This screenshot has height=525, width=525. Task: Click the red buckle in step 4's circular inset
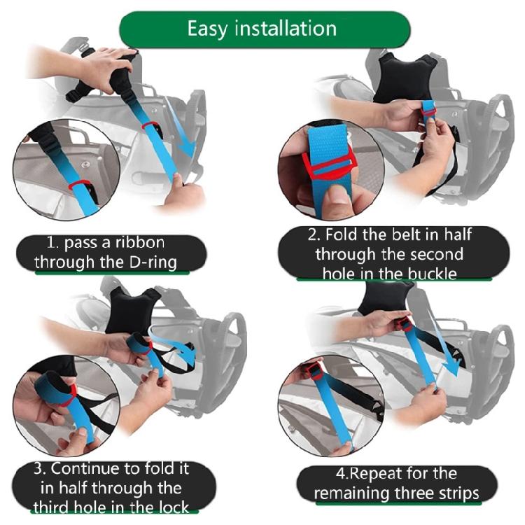(x=311, y=374)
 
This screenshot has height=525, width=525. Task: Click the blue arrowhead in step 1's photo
(x=186, y=148)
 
